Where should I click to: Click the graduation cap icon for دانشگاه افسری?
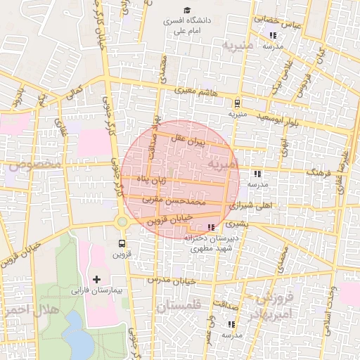187,10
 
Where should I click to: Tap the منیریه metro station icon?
237,102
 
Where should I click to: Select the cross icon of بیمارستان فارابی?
97,279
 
